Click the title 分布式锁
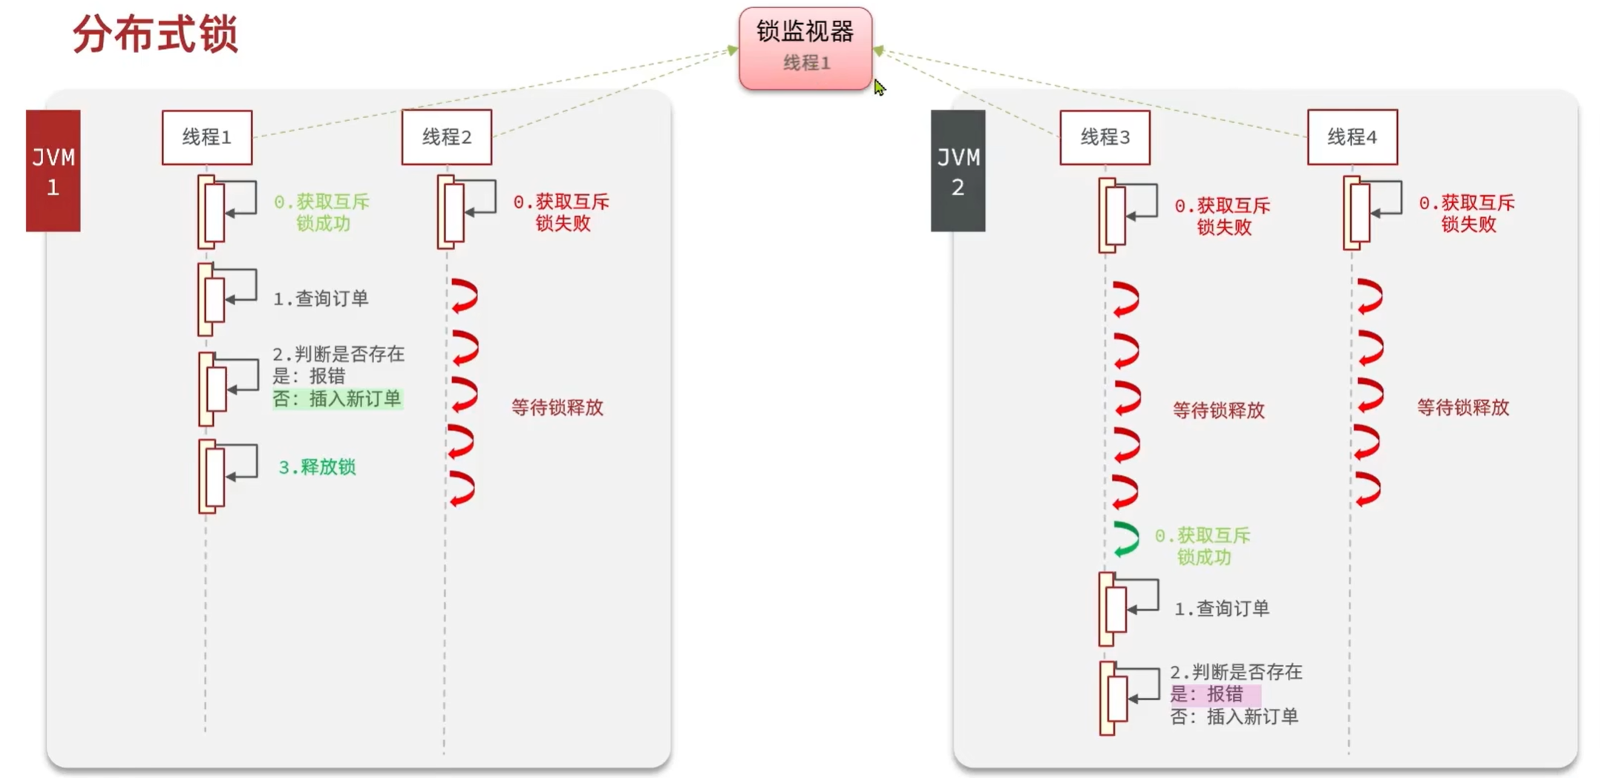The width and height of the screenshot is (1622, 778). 155,35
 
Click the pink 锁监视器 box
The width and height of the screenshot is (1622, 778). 805,48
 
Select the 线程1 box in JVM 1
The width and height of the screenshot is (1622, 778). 207,137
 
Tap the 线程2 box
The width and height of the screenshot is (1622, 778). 446,137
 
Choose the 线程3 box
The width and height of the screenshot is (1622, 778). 1105,137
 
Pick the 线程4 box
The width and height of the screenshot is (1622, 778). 1352,137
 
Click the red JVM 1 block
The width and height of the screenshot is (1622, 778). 53,171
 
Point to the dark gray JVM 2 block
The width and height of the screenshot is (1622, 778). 958,171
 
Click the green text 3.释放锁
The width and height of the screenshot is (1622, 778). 317,467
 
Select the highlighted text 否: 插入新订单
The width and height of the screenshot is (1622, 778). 337,399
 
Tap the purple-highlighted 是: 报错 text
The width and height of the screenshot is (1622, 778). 1207,695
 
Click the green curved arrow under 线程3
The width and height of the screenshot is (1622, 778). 1126,539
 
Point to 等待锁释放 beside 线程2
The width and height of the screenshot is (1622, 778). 557,408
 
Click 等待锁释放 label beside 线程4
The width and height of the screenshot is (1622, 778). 1462,408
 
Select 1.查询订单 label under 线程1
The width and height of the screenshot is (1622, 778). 321,298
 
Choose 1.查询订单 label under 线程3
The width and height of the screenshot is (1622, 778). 1222,609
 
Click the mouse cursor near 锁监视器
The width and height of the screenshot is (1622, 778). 879,87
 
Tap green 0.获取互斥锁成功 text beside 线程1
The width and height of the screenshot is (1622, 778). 322,212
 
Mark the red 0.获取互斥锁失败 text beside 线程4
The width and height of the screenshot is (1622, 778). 1467,214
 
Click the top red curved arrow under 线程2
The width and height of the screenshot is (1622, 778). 465,296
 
